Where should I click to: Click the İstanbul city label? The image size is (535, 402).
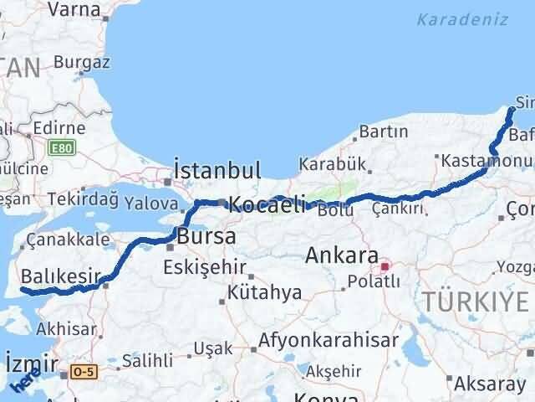(x=219, y=170)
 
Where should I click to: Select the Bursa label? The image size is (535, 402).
(x=206, y=237)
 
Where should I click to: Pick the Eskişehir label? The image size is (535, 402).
(x=205, y=268)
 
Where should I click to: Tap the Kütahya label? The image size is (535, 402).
(x=264, y=293)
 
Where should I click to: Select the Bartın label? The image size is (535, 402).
(x=384, y=131)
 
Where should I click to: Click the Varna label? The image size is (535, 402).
(x=74, y=10)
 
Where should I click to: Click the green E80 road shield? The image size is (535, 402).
(x=60, y=148)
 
